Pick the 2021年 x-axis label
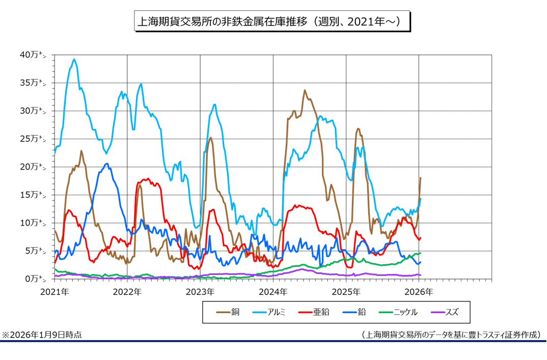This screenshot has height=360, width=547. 54,292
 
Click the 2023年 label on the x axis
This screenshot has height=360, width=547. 200,292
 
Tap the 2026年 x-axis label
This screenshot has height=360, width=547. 419,292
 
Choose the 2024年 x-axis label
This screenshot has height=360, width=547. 273,292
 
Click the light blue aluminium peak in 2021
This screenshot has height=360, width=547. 74,60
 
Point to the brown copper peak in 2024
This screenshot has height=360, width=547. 305,91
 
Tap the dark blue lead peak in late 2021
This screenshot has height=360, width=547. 106,164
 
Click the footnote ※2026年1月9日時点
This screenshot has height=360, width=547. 42,335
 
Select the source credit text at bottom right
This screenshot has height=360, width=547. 451,335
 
